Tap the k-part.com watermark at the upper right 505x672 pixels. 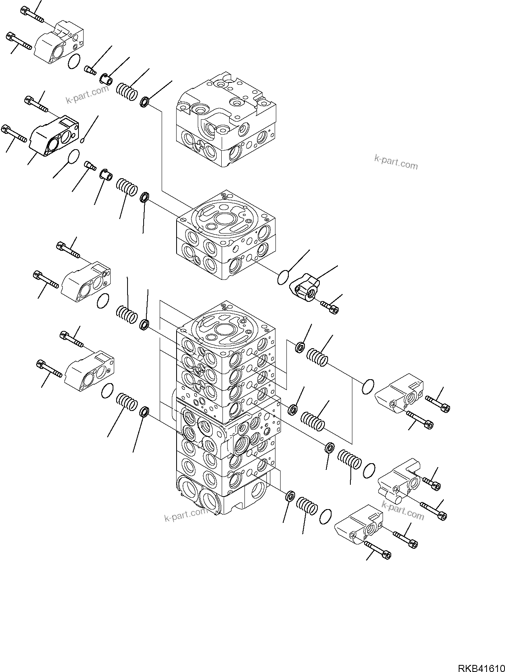pos(396,162)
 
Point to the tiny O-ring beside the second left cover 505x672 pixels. pos(82,141)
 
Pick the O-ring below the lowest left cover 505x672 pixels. pos(107,391)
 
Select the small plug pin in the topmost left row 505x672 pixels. pos(90,70)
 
